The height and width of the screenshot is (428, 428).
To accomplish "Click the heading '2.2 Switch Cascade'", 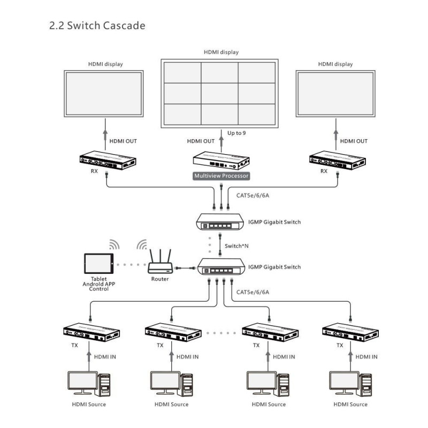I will (97, 26).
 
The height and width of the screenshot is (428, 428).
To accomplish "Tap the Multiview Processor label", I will (221, 175).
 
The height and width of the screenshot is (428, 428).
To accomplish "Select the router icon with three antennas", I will (159, 262).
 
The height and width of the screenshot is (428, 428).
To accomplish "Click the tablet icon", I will (100, 265).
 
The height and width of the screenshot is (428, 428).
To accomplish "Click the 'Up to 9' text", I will (236, 132).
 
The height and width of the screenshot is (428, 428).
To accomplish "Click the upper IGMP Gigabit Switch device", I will (220, 221).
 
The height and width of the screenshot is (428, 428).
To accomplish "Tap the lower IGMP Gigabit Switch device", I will (220, 266).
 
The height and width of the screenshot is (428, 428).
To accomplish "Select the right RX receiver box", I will (337, 160).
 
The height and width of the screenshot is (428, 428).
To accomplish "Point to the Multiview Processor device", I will (221, 159).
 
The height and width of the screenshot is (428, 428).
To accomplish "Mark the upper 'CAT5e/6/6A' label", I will (253, 195).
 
